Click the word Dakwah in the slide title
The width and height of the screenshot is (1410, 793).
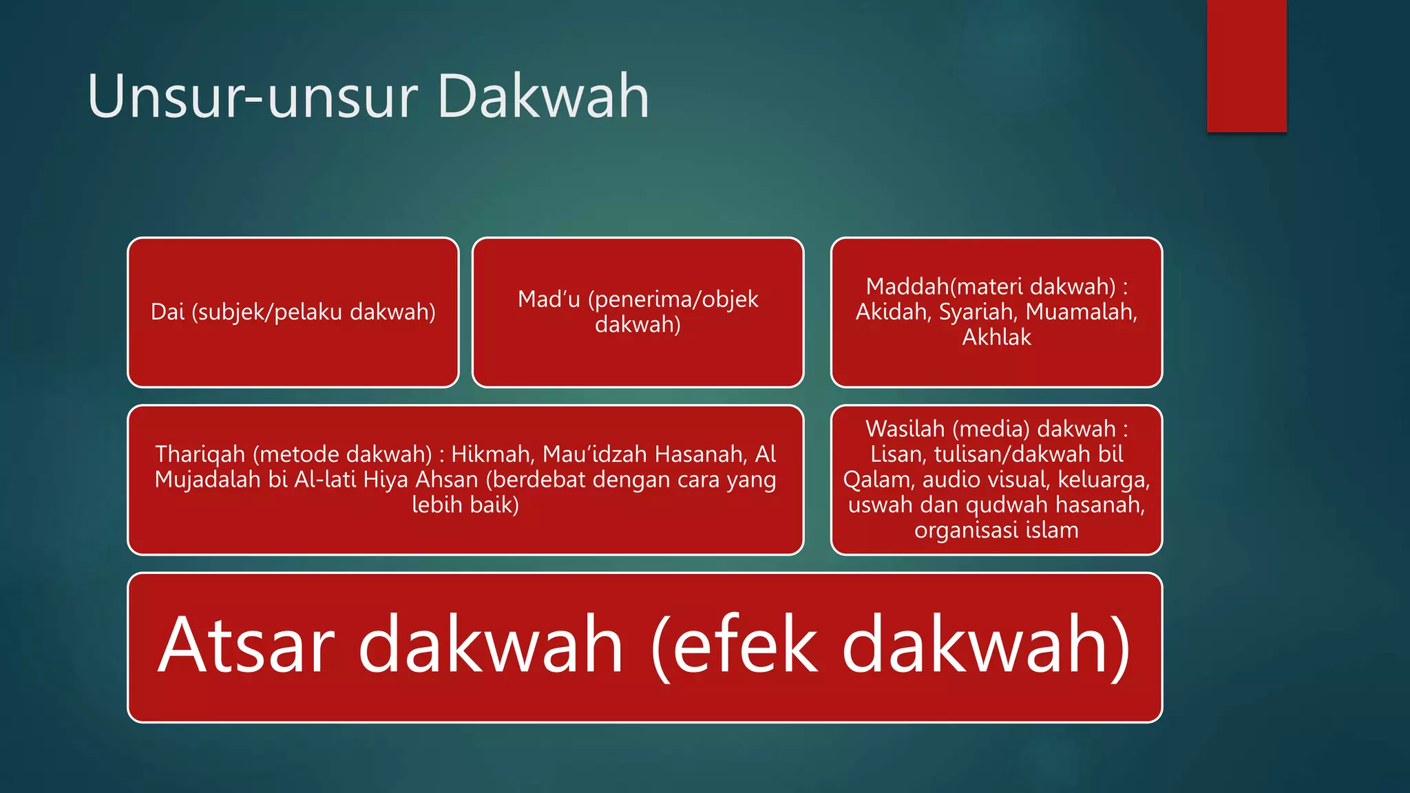point(543,96)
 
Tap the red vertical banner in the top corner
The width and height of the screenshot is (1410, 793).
point(1246,65)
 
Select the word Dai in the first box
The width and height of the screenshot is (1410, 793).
point(167,312)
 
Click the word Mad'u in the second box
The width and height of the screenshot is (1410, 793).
point(549,299)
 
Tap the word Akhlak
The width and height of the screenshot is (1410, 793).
point(996,337)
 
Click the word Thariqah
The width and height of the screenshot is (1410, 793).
point(200,454)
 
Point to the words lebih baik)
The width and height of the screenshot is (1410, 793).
point(465,505)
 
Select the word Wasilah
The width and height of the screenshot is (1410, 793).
point(905,429)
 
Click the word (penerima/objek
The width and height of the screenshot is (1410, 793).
point(673,299)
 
